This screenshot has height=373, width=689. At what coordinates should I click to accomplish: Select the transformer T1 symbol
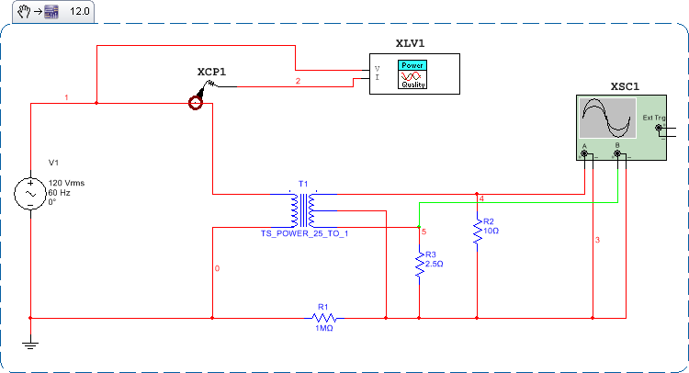pyautogui.click(x=304, y=210)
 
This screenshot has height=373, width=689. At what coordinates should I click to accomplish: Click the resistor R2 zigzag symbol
pyautogui.click(x=478, y=232)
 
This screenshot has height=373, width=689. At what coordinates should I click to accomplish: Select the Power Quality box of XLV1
pyautogui.click(x=412, y=74)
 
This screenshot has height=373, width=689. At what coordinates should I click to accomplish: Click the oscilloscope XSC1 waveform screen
pyautogui.click(x=605, y=119)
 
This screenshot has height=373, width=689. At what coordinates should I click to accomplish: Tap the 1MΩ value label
pyautogui.click(x=322, y=328)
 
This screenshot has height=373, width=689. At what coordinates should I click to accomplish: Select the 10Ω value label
pyautogui.click(x=491, y=231)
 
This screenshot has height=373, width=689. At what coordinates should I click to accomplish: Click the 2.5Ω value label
pyautogui.click(x=434, y=264)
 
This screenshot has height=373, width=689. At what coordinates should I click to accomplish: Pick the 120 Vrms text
pyautogui.click(x=66, y=183)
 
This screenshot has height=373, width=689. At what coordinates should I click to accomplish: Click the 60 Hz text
pyautogui.click(x=60, y=193)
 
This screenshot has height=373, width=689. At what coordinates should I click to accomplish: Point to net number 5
pyautogui.click(x=424, y=232)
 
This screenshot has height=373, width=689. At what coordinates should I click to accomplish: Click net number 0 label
pyautogui.click(x=217, y=269)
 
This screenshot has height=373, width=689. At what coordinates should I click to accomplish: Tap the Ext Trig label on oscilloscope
pyautogui.click(x=653, y=118)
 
